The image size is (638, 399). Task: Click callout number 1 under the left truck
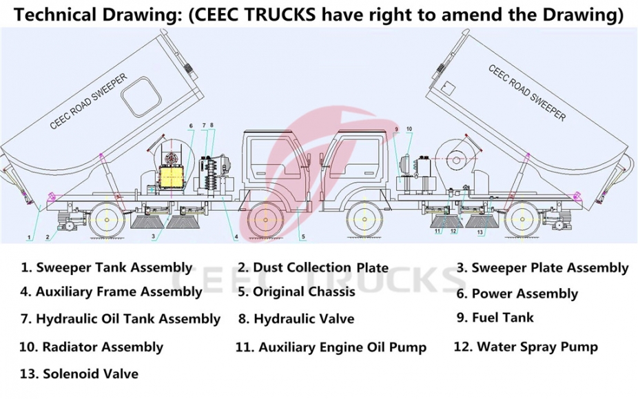pyautogui.click(x=29, y=236)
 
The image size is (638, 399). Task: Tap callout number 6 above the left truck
pyautogui.click(x=191, y=125)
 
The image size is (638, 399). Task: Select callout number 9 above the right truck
pyautogui.click(x=397, y=130)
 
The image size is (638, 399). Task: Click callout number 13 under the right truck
pyautogui.click(x=480, y=232)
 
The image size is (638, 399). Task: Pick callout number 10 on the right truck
pyautogui.click(x=409, y=130)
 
